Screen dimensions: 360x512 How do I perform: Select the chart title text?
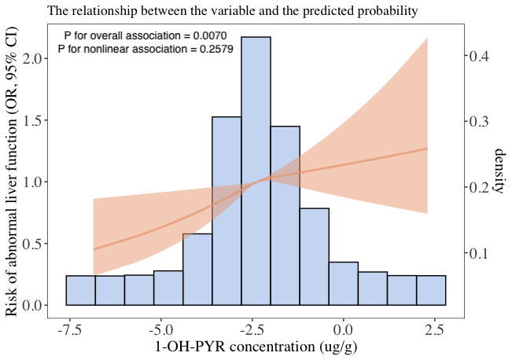pos(232,12)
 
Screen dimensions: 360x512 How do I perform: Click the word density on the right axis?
pos(498,170)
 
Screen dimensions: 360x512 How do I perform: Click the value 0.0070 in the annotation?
pos(208,36)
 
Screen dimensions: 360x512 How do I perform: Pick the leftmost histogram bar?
pos(80,290)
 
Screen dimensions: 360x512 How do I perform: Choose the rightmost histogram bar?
pos(431,290)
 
